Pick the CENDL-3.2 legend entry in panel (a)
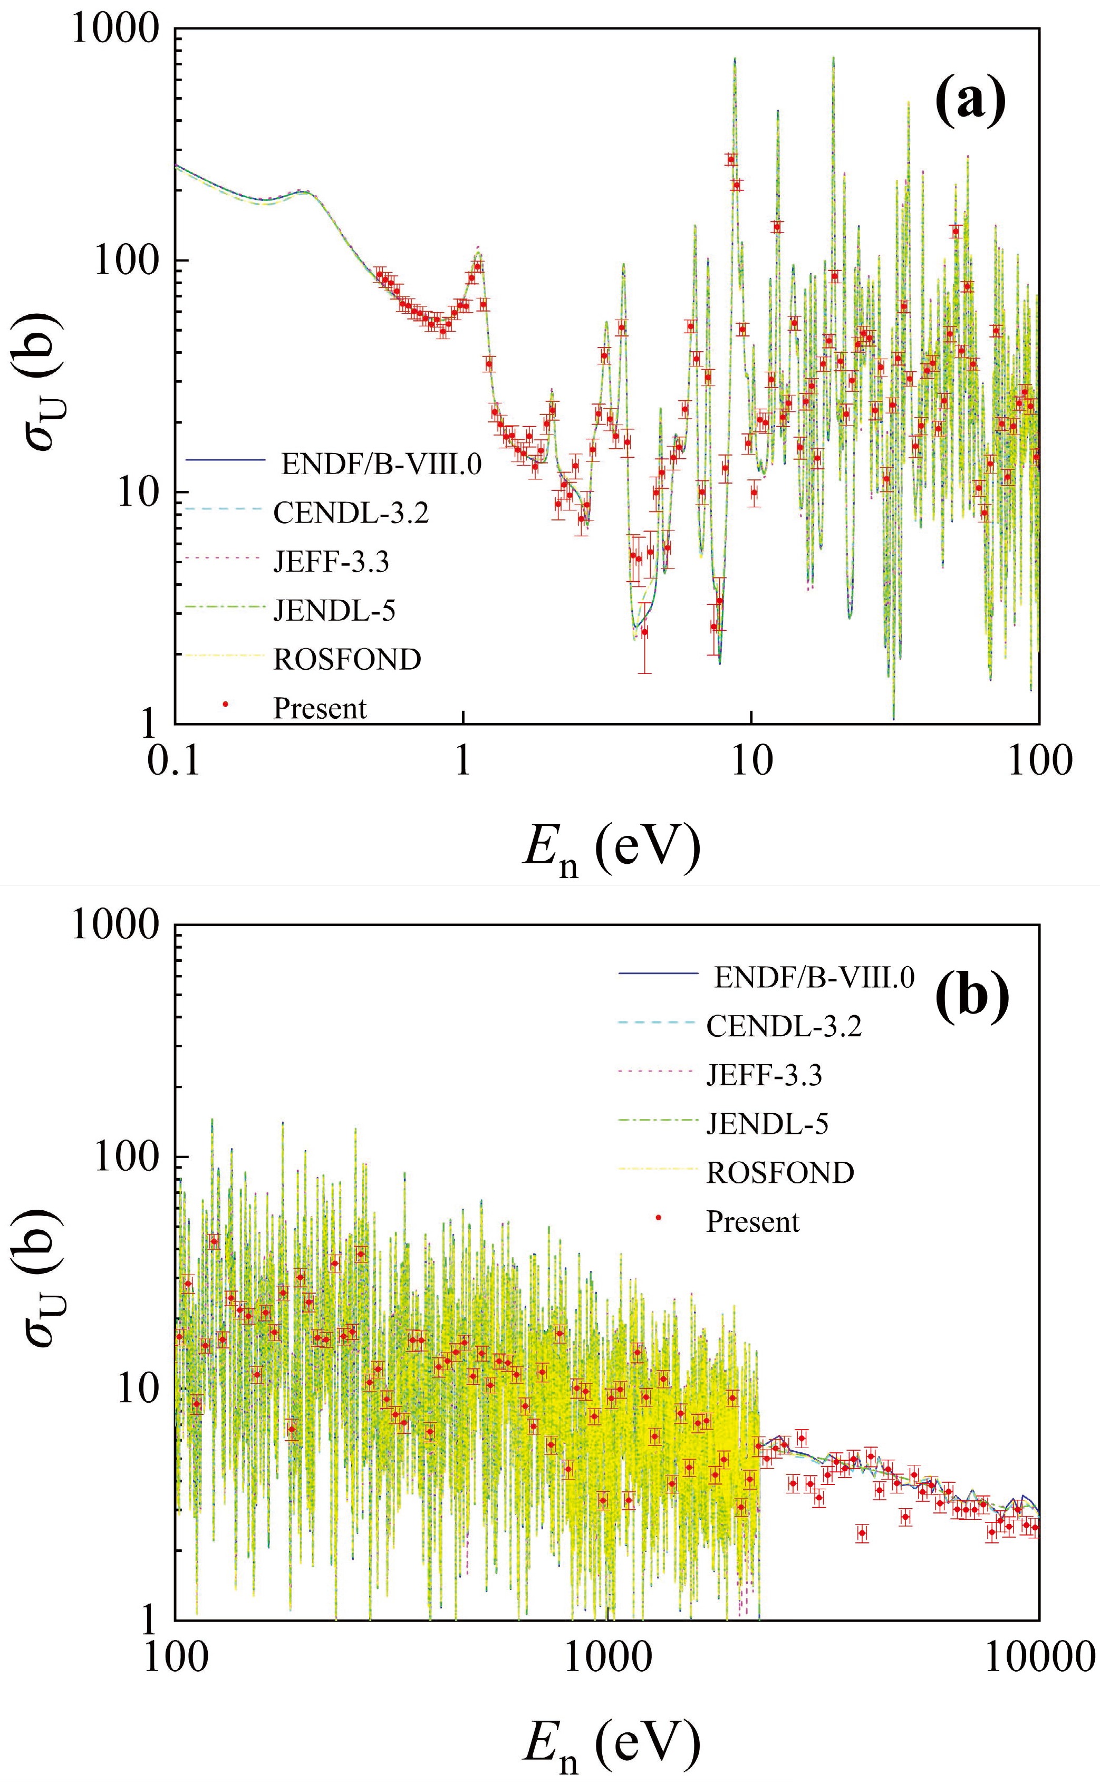pyautogui.click(x=351, y=513)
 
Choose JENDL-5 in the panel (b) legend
pyautogui.click(x=767, y=1124)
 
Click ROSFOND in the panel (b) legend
pyautogui.click(x=780, y=1172)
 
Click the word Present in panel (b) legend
pyautogui.click(x=752, y=1221)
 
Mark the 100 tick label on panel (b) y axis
pyautogui.click(x=126, y=1158)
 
